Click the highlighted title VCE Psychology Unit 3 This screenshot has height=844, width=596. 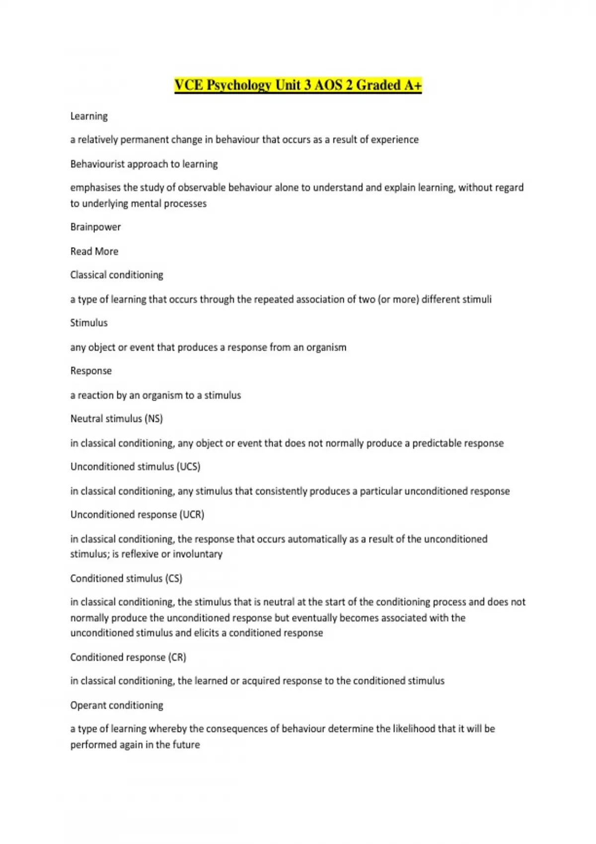pos(298,85)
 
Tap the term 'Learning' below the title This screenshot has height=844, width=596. pos(89,116)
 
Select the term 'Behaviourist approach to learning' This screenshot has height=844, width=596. pos(144,164)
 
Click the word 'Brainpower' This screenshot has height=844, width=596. pos(95,227)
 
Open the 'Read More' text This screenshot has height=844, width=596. pos(94,251)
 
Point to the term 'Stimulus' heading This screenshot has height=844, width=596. pos(89,323)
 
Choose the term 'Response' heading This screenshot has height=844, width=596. pos(91,371)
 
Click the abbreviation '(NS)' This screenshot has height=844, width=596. pos(153,419)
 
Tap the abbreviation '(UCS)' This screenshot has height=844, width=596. pos(188,467)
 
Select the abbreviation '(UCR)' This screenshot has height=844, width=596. pos(192,514)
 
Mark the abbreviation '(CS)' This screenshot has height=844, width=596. pos(173,578)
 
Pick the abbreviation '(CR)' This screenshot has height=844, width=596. pos(177,657)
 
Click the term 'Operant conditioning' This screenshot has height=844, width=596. pos(117,705)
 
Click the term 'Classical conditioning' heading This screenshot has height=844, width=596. pos(117,275)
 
